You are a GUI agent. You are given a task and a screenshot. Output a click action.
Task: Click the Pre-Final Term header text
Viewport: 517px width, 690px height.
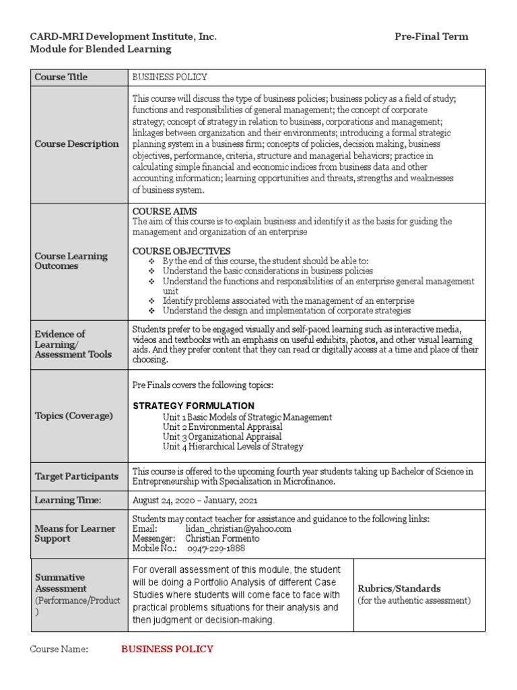click(431, 36)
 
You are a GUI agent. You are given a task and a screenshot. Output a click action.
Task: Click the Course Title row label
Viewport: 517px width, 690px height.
click(61, 77)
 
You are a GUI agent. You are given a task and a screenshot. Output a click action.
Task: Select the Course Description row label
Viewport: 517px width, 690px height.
click(77, 144)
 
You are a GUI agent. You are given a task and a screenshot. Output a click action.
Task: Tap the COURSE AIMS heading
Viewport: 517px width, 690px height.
click(160, 212)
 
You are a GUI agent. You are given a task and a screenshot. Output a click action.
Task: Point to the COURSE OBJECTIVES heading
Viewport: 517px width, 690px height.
click(181, 251)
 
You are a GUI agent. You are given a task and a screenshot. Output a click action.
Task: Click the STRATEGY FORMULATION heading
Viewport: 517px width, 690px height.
click(193, 406)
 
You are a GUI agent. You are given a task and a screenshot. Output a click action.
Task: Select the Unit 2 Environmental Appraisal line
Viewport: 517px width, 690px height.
click(222, 427)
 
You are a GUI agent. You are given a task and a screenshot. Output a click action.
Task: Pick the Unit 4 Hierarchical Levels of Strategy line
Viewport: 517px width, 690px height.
click(232, 446)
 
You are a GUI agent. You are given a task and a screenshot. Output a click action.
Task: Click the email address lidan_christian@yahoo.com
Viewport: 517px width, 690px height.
click(238, 529)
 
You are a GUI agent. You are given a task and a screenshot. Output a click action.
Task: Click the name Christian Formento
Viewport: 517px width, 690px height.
click(222, 538)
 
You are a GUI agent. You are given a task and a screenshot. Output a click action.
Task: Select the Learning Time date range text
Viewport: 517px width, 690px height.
click(195, 500)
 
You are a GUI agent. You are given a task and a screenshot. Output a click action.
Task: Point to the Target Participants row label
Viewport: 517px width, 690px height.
click(77, 476)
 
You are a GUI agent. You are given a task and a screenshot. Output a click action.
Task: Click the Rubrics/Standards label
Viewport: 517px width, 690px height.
click(399, 588)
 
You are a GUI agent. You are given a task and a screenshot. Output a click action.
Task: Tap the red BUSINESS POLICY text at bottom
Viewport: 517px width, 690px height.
click(167, 649)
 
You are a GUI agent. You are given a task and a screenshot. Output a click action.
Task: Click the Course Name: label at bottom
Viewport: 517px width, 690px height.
click(59, 649)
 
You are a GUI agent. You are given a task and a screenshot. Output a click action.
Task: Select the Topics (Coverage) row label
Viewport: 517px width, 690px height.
click(74, 416)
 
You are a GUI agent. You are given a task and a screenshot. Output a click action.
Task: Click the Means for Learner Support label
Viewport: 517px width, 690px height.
click(75, 534)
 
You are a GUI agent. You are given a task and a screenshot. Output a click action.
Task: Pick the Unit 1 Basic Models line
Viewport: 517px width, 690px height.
click(247, 417)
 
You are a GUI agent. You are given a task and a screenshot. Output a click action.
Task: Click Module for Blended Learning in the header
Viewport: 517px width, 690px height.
click(100, 49)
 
